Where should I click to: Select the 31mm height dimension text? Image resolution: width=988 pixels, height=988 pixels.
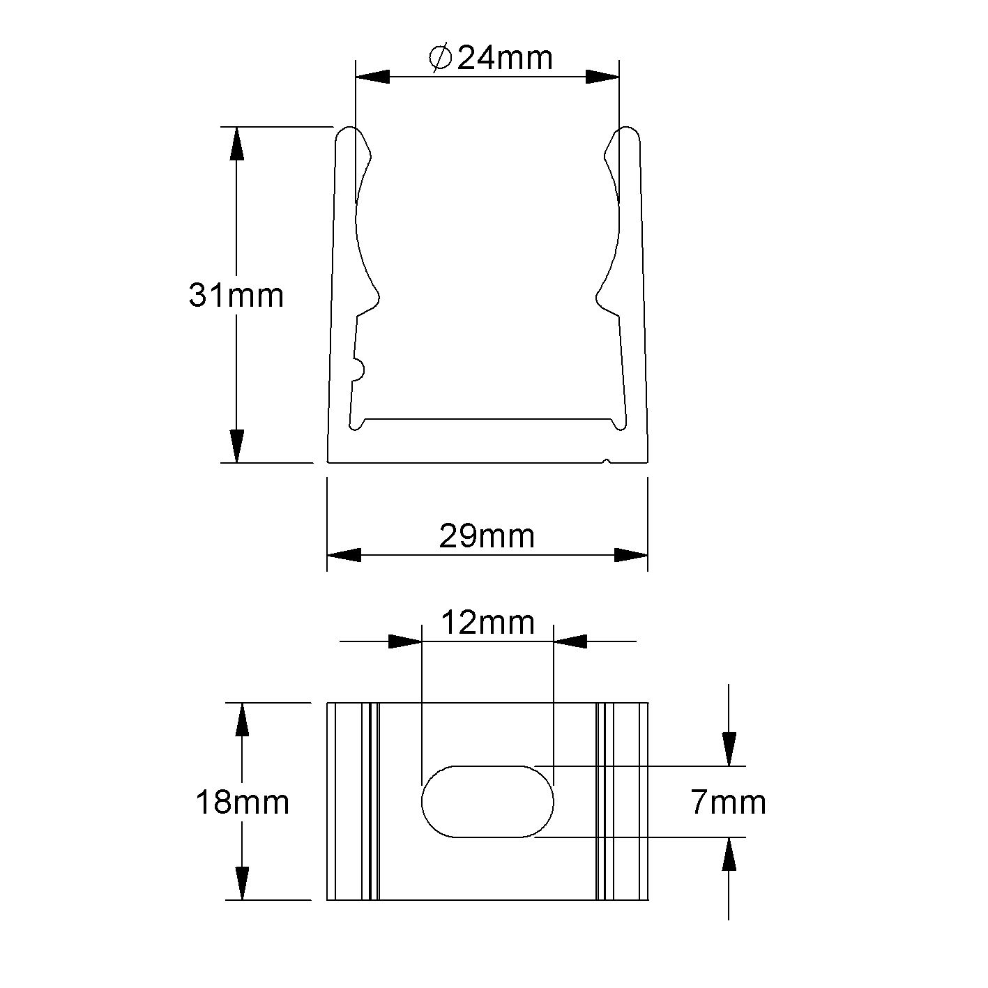(236, 295)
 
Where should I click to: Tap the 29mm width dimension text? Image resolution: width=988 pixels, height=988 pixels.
(487, 535)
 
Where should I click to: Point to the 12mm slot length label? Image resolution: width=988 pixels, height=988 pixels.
(487, 622)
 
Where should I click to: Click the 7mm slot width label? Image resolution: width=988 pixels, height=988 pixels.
(728, 803)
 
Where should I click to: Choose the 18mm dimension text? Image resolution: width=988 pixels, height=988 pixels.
(242, 802)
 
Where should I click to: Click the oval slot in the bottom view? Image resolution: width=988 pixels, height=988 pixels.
(487, 801)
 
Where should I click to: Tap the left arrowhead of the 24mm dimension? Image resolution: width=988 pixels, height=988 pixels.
(372, 77)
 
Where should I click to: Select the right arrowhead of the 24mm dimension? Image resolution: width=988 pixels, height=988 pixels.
(602, 77)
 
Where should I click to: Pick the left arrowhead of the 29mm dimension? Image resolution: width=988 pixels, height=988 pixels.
(344, 555)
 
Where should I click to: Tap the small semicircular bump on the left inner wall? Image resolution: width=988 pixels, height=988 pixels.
(358, 370)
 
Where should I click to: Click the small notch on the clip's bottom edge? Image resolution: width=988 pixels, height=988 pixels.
(608, 460)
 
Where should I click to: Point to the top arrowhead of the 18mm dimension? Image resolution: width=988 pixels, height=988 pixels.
(242, 720)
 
